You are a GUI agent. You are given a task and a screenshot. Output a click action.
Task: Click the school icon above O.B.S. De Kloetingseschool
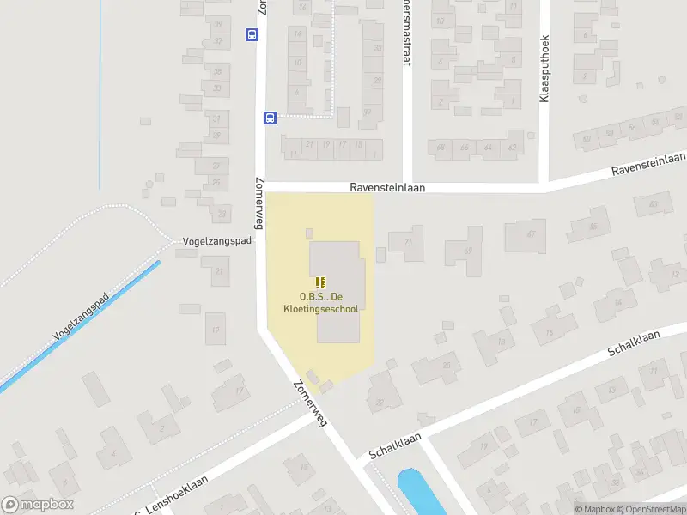(x=320, y=282)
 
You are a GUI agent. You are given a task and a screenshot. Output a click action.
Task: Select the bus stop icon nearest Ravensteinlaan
(x=269, y=118)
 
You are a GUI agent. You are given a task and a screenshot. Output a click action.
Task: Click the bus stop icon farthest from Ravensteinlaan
(x=252, y=35)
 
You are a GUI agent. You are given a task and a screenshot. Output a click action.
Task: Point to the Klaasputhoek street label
(x=544, y=70)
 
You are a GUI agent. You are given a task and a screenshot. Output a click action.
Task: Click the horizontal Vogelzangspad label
(x=217, y=241)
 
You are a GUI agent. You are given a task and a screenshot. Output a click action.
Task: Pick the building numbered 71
(x=407, y=243)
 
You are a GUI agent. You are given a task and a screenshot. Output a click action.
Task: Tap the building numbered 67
(x=526, y=234)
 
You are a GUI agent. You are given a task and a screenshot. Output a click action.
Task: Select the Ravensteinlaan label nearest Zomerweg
(x=387, y=187)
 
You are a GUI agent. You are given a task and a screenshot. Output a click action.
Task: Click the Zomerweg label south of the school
(x=310, y=403)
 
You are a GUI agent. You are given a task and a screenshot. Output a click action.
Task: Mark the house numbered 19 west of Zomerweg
(x=216, y=326)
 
